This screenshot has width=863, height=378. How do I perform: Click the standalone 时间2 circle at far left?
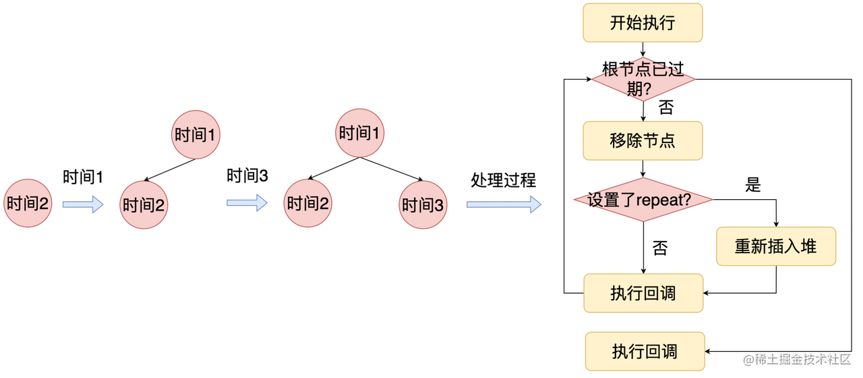[28, 203]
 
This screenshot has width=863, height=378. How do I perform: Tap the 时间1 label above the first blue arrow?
[82, 178]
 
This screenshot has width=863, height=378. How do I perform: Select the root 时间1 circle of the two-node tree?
[196, 135]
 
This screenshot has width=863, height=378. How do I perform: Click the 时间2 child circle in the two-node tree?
[144, 205]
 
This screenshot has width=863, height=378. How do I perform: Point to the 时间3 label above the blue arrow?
[247, 176]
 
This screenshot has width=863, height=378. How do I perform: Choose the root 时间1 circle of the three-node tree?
[360, 133]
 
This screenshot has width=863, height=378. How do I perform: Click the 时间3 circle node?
[423, 205]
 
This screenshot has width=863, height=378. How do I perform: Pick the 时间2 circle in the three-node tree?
[308, 203]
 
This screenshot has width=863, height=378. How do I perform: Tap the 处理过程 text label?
[504, 180]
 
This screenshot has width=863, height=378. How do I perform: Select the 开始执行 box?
[643, 23]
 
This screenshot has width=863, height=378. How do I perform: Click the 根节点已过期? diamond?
[643, 79]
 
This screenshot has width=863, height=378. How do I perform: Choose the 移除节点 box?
[643, 141]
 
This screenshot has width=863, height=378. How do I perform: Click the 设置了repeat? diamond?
[643, 200]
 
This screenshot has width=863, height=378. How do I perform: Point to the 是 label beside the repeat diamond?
[753, 184]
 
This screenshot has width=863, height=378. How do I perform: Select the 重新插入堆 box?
[775, 246]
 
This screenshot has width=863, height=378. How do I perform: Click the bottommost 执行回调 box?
[645, 352]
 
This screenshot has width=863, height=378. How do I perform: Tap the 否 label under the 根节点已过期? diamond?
[666, 107]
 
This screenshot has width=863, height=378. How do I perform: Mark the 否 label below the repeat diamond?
[660, 248]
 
